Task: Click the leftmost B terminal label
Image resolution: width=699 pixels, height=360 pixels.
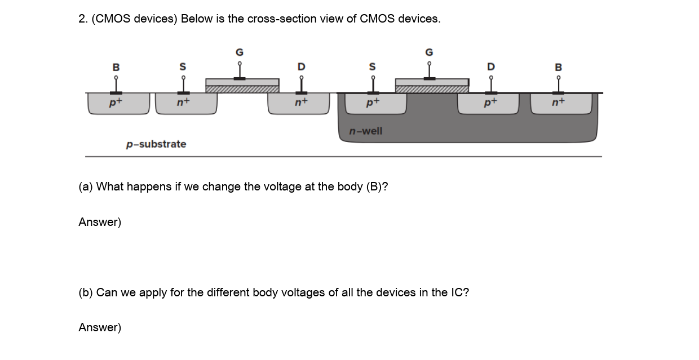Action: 116,67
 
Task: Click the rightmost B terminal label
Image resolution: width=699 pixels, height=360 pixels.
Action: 559,67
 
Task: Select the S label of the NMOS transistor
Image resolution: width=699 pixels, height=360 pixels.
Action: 183,67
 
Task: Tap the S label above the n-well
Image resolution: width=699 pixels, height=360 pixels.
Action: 372,67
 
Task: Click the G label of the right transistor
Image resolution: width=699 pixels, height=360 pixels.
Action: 429,52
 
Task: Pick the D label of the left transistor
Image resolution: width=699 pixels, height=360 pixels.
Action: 302,67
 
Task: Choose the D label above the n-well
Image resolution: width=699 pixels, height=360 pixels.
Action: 491,67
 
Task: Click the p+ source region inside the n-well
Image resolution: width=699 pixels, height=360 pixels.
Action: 372,104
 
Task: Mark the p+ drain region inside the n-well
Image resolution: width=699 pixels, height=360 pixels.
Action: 488,104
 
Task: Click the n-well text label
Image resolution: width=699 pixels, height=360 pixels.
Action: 365,131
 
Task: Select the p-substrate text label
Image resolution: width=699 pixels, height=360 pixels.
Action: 156,144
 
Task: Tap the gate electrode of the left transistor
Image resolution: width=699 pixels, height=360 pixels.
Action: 242,82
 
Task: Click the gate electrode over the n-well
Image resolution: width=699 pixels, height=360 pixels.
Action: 432,82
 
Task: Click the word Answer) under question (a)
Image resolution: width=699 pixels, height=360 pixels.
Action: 100,222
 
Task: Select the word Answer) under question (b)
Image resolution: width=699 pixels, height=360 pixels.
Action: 100,327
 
